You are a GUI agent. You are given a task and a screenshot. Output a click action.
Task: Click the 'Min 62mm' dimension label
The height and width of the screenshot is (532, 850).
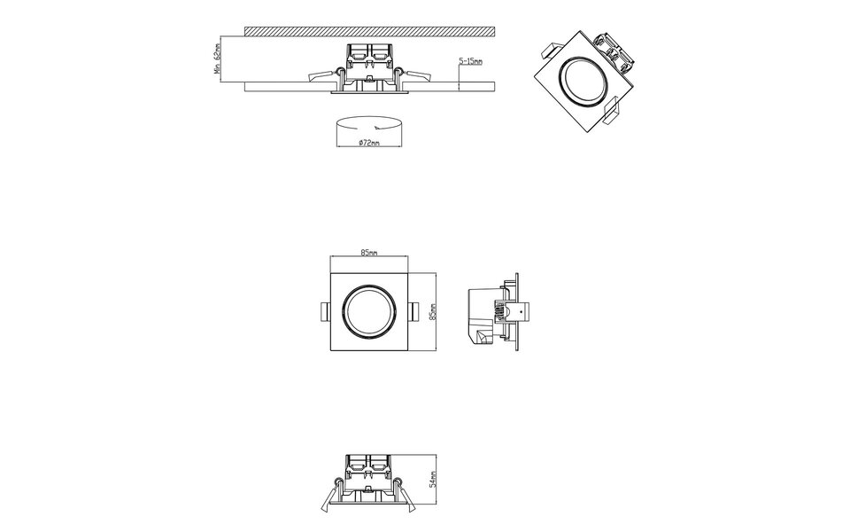tap(216, 59)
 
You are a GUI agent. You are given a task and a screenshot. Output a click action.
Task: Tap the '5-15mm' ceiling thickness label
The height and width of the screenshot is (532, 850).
tap(470, 61)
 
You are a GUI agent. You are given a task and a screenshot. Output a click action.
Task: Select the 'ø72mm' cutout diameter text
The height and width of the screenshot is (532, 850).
tap(369, 142)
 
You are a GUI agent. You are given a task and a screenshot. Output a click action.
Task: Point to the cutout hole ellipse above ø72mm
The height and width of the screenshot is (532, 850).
tap(369, 125)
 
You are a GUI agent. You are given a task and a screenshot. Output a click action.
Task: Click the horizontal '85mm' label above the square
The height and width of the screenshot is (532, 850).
tap(369, 254)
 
